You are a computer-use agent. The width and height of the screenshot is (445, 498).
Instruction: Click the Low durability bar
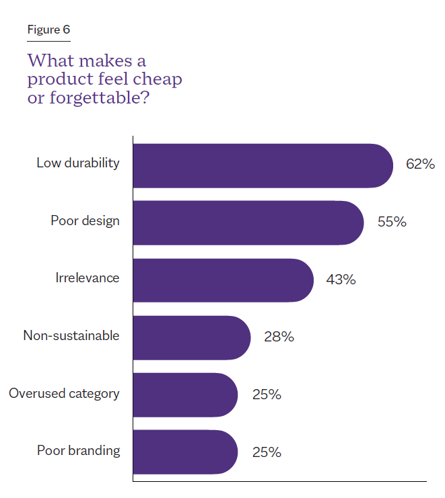[x=263, y=165]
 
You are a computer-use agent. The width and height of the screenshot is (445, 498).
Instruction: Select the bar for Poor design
[x=248, y=222]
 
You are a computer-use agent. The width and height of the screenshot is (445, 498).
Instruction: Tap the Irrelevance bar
[x=223, y=280]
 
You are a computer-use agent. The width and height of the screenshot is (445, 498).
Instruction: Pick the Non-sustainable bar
[x=191, y=337]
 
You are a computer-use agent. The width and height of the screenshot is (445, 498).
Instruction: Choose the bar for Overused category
[x=185, y=395]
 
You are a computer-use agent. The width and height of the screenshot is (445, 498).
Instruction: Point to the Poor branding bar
[x=185, y=452]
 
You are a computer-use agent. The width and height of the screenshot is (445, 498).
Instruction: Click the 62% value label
[x=420, y=164]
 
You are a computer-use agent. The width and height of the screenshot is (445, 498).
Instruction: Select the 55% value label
[x=392, y=222]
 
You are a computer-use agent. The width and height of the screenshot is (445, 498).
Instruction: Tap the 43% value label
[x=341, y=279]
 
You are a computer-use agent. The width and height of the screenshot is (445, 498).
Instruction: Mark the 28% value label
[x=279, y=337]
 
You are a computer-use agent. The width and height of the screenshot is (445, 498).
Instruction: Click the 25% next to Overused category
[x=267, y=394]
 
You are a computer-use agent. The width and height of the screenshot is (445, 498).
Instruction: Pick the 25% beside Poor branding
[x=267, y=452]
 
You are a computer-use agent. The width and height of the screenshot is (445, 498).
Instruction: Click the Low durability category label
[x=78, y=163]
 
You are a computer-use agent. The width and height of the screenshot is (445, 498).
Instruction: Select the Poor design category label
[x=85, y=220]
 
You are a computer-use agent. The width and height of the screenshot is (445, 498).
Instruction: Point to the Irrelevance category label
[x=88, y=278]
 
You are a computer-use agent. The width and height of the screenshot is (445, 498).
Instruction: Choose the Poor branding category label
[x=78, y=450]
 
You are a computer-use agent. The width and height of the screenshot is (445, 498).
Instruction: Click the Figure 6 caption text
[x=48, y=30]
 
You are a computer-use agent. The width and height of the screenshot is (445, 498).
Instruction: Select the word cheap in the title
[x=157, y=80]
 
